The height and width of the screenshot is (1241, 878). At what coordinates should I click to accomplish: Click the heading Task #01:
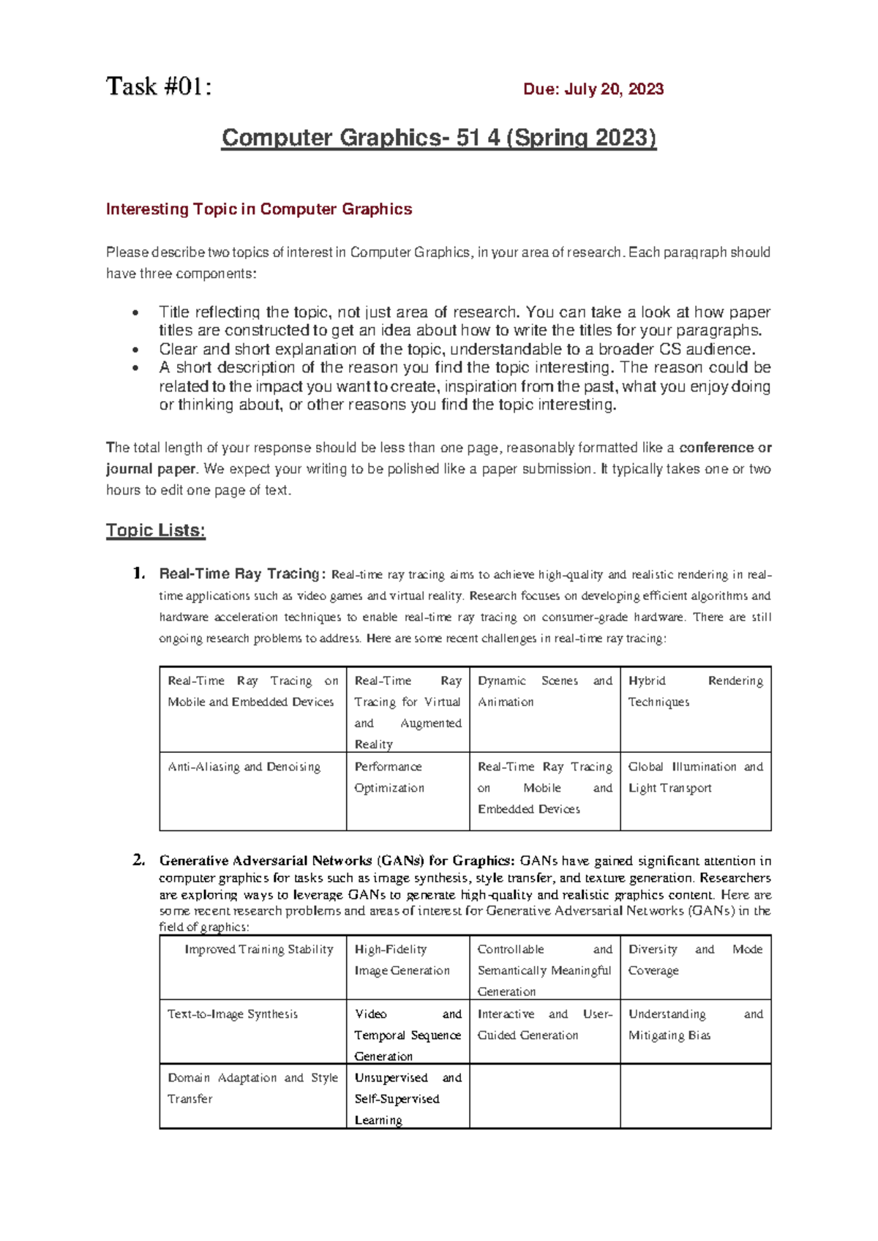[x=159, y=87]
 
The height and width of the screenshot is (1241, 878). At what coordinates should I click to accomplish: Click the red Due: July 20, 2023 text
[x=593, y=89]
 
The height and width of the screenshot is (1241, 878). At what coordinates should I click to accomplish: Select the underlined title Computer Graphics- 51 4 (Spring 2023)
[x=439, y=138]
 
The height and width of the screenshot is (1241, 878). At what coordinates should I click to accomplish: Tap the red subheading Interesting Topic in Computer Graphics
[x=259, y=209]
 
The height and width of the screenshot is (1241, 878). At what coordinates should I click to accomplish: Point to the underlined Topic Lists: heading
[x=155, y=530]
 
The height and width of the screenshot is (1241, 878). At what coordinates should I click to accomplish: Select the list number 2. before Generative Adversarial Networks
[x=139, y=861]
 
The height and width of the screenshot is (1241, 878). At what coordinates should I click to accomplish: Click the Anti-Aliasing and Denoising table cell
[x=244, y=767]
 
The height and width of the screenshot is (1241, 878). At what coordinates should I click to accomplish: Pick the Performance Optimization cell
[x=389, y=777]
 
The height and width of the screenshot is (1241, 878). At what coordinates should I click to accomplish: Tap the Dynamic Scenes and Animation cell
[x=544, y=691]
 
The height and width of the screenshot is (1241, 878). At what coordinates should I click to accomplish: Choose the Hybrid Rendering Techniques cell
[x=695, y=691]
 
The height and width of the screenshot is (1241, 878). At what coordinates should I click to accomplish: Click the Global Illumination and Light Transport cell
[x=695, y=777]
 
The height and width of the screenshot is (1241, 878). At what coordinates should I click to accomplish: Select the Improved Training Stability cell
[x=259, y=949]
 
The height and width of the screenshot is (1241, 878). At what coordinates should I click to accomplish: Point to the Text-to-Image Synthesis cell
[x=233, y=1014]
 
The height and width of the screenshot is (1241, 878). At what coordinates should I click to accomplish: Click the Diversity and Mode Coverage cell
[x=695, y=959]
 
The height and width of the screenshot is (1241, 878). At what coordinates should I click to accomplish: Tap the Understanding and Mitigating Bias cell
[x=695, y=1024]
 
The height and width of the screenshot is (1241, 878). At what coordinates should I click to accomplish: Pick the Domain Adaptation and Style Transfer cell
[x=252, y=1088]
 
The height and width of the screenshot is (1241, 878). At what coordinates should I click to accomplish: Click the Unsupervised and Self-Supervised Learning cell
[x=408, y=1098]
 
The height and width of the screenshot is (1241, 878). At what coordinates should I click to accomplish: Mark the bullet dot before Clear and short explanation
[x=135, y=350]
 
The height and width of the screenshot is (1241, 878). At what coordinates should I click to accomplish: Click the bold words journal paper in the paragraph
[x=151, y=469]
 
